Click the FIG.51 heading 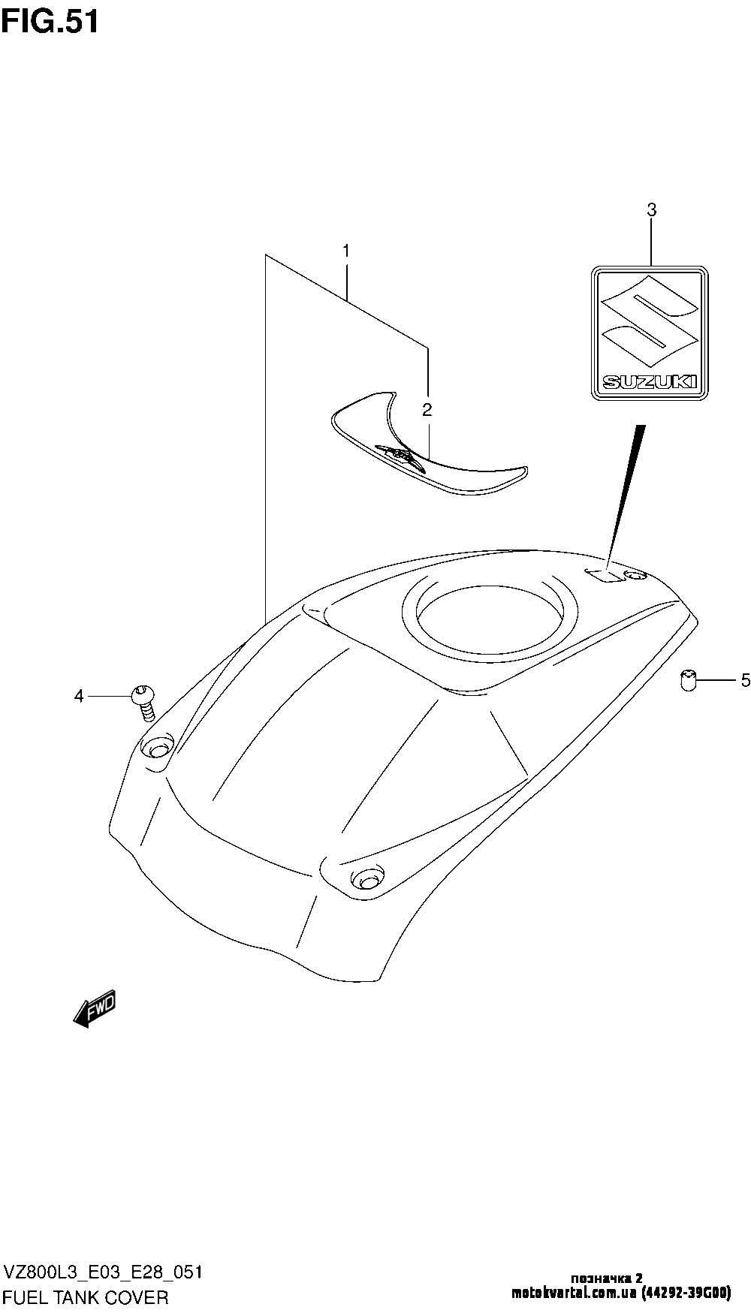(50, 22)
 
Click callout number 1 (346, 251)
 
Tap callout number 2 (427, 410)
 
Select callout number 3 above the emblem (651, 211)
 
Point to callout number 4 (79, 697)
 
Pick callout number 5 (745, 681)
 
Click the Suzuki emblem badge (650, 333)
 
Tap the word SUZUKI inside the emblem (650, 381)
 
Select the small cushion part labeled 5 (687, 680)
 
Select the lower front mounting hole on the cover (365, 876)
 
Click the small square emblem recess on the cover (606, 576)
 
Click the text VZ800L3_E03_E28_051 (102, 1273)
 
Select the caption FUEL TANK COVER (86, 1297)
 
